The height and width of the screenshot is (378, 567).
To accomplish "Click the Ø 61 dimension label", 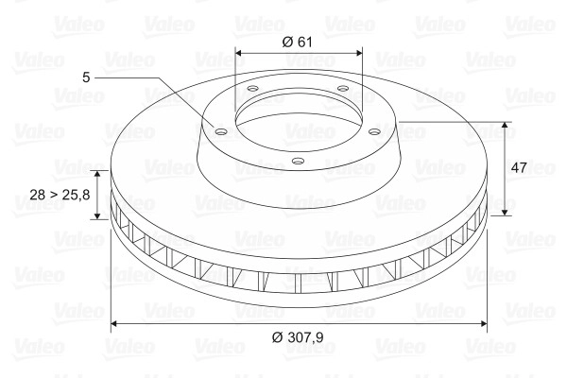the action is click(x=297, y=42).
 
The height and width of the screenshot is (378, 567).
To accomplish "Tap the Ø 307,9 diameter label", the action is click(x=298, y=337).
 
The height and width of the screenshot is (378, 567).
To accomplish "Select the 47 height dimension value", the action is click(x=519, y=168).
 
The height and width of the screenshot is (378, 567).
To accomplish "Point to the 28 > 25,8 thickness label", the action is click(x=60, y=195).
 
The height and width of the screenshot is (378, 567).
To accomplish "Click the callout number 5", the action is click(x=86, y=77).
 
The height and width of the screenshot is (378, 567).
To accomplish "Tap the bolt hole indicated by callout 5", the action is click(x=220, y=131).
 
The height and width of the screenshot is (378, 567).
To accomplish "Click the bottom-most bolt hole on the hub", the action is click(x=298, y=161).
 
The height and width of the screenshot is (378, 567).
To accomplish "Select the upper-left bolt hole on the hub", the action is click(x=253, y=88).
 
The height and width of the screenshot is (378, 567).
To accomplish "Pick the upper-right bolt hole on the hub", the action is click(x=342, y=88).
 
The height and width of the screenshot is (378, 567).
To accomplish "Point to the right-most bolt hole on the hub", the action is click(x=375, y=131).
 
